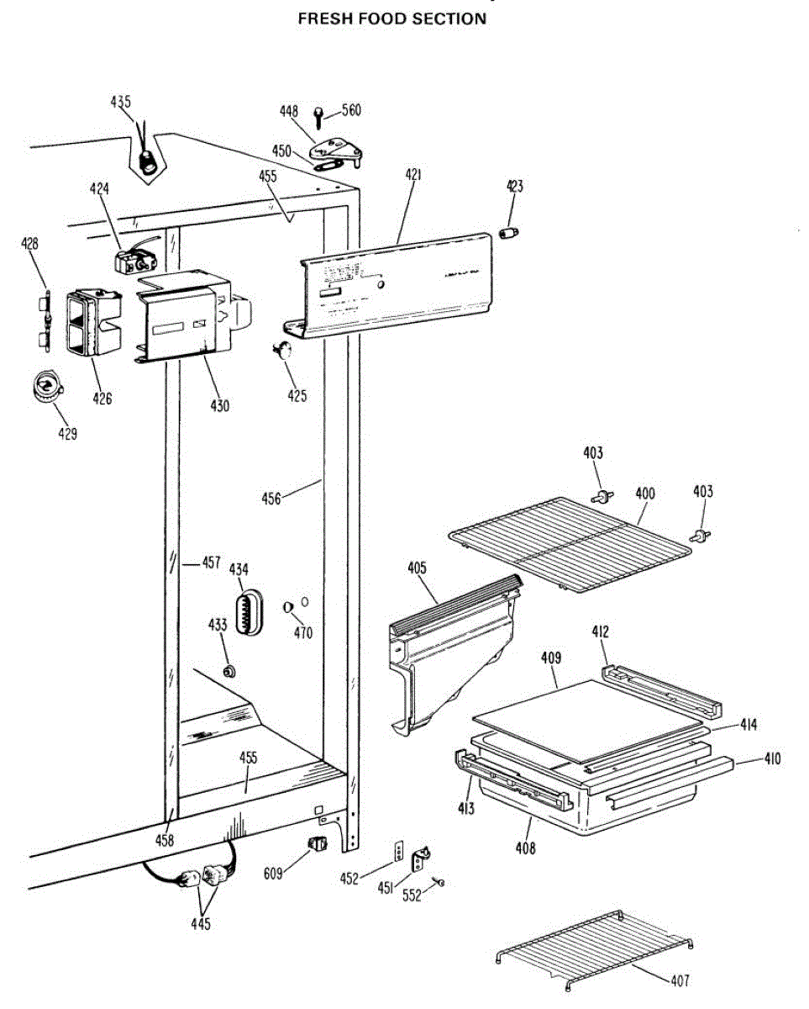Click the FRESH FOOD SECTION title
[392, 18]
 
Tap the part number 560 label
[351, 110]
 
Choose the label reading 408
[525, 848]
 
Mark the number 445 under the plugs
[200, 925]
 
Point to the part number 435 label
[121, 102]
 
